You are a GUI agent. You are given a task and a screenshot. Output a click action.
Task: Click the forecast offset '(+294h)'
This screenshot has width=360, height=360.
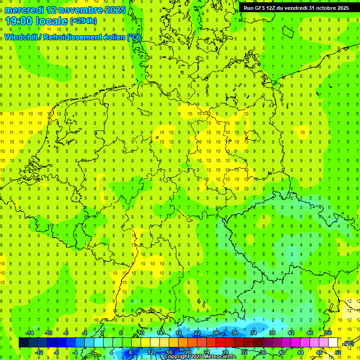(x=83, y=21)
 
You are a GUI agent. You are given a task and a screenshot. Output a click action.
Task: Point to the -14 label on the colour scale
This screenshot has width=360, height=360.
(x=29, y=333)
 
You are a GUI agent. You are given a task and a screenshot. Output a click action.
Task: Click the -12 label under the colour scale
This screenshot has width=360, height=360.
(x=39, y=352)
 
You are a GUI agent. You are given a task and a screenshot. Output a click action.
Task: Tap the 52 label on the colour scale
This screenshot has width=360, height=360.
(x=338, y=352)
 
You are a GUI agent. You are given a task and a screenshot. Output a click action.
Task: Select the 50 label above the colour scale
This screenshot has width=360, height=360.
(x=329, y=333)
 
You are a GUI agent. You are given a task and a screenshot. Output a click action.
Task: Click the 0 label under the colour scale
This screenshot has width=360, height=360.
(x=93, y=352)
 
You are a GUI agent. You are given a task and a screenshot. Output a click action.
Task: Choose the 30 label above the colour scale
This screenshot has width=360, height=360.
(x=234, y=333)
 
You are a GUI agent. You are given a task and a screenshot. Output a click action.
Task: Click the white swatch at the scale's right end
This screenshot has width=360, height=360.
(x=333, y=343)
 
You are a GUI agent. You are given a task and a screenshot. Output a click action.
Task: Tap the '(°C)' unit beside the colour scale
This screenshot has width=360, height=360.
(x=348, y=343)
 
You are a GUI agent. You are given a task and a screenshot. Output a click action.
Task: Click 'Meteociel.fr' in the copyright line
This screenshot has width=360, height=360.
(x=219, y=357)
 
